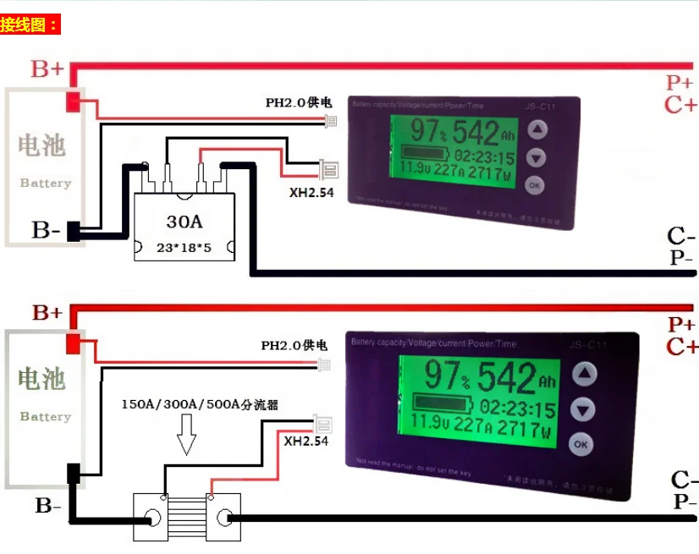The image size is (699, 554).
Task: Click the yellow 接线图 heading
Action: point(30,25)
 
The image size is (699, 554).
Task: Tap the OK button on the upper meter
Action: point(535,184)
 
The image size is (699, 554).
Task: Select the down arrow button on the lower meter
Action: point(581,409)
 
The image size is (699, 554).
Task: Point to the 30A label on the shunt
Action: point(184,222)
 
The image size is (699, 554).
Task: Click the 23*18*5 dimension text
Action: point(184,248)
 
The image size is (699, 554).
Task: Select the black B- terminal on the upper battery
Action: point(74,231)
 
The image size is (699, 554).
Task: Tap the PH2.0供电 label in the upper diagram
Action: point(298,103)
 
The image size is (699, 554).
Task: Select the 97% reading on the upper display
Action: point(427,132)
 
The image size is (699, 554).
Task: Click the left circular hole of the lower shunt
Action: point(153,518)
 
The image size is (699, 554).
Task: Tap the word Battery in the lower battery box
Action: point(45,416)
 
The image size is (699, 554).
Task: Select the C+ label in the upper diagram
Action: point(680,106)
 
